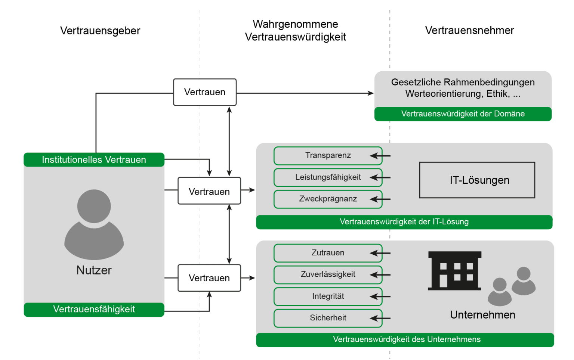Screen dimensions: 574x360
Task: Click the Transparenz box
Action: point(328,155)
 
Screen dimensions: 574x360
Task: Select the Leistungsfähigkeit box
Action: point(328,177)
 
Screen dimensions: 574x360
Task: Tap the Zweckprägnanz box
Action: point(328,199)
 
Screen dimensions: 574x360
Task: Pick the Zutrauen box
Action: point(328,253)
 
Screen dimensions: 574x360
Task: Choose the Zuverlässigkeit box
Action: point(328,274)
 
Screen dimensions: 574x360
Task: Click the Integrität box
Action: point(328,296)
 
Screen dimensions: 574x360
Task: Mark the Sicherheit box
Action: point(328,318)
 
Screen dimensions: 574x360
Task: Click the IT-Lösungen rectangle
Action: point(477,180)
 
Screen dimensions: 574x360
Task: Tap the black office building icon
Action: point(454,271)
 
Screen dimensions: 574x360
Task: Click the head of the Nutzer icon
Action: point(94,206)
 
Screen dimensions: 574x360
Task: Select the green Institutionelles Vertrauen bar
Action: point(94,159)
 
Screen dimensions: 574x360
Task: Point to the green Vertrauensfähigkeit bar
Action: point(94,310)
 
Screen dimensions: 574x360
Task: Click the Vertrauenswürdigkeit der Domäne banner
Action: point(463,114)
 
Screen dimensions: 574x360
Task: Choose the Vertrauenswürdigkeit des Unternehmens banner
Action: point(405,340)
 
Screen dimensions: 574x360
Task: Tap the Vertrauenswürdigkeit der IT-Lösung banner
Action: point(404,222)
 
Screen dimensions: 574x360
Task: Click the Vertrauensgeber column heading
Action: point(100,31)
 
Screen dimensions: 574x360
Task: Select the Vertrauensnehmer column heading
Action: point(469,31)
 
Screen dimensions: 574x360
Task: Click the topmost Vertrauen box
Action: point(205,92)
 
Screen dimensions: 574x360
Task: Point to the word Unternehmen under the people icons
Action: point(482,315)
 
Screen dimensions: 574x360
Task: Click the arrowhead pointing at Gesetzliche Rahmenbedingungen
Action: point(371,93)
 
